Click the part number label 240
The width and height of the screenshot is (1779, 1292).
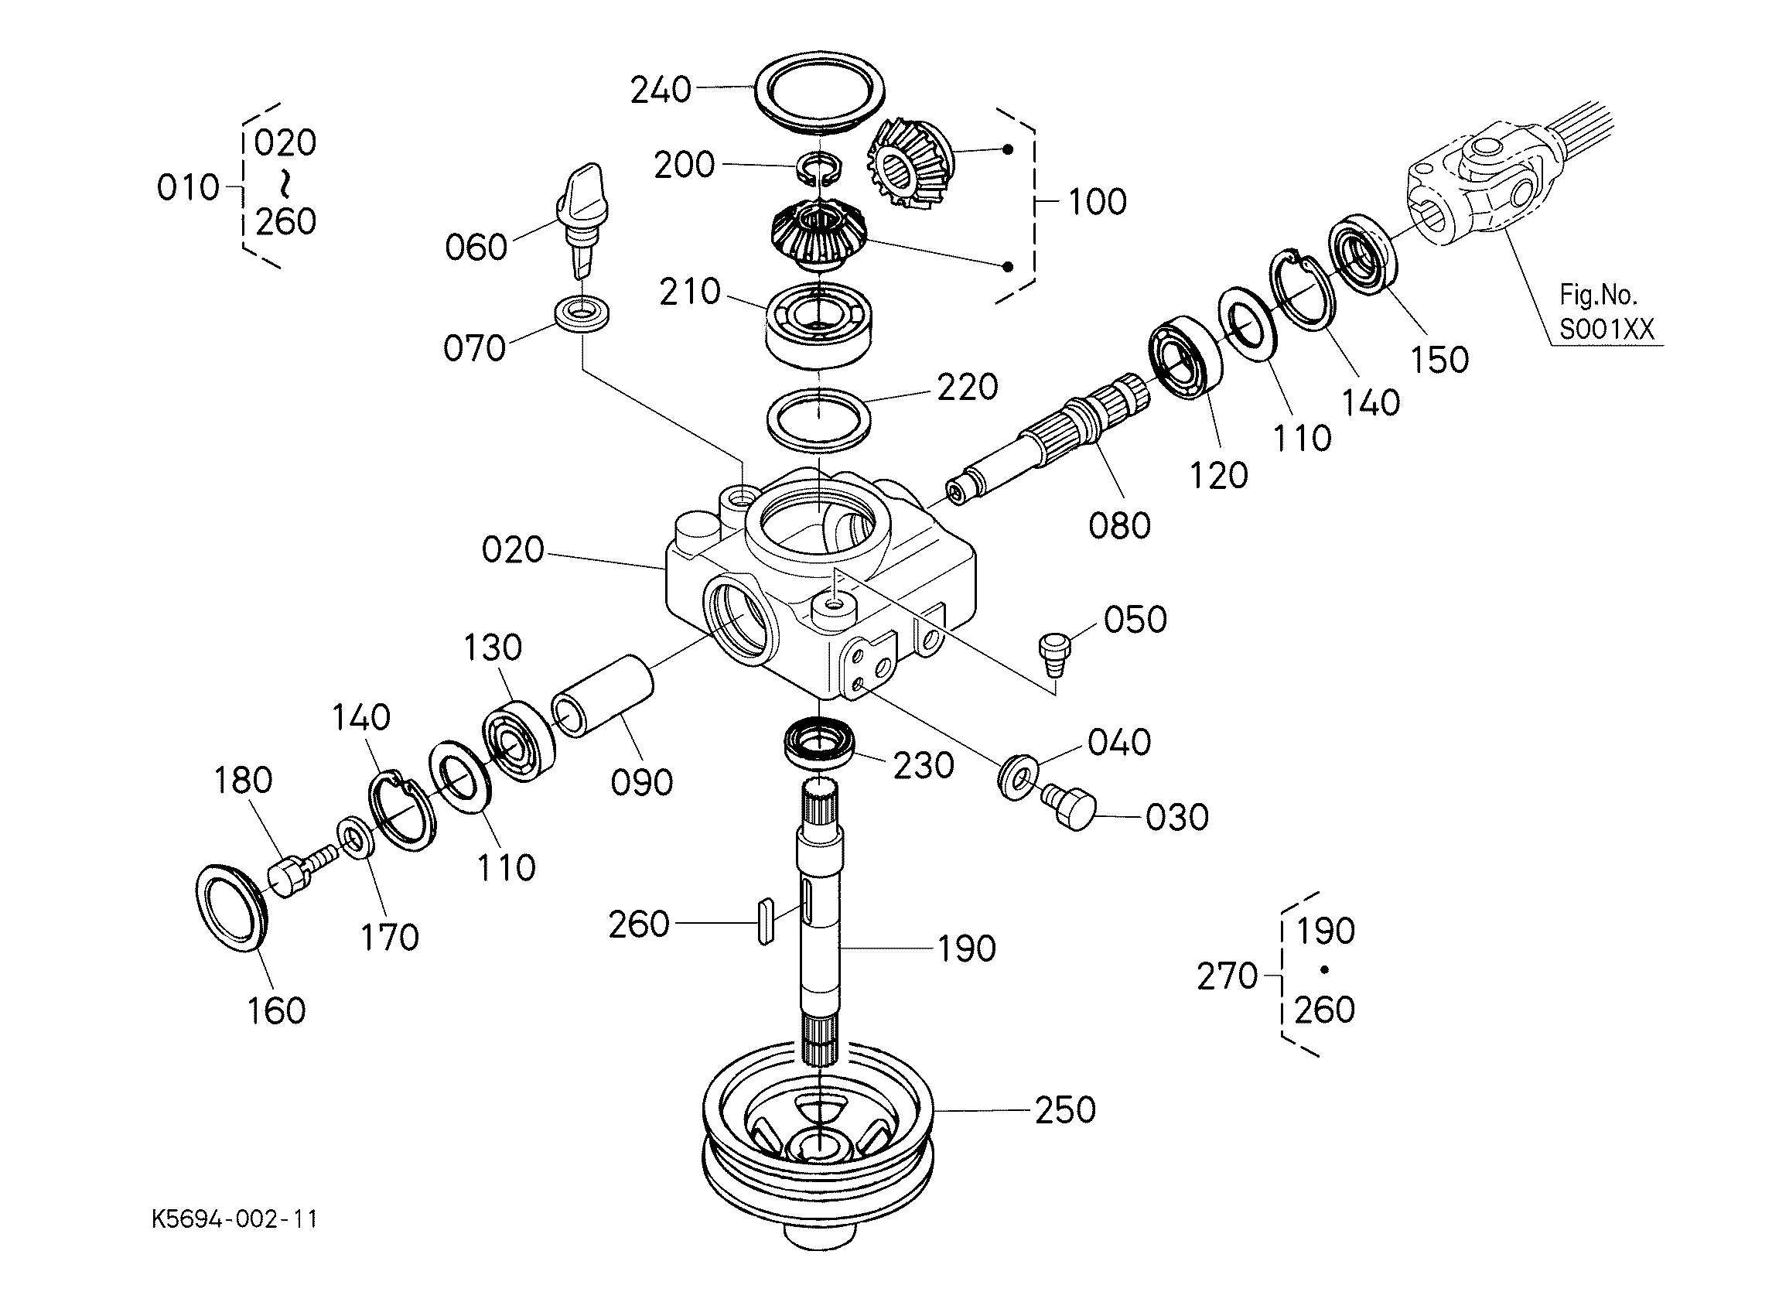661,91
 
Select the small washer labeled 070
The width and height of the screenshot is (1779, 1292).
582,315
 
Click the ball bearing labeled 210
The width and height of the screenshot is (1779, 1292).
818,322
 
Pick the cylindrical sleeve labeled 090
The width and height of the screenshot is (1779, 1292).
602,696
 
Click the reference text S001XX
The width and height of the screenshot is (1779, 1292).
1606,329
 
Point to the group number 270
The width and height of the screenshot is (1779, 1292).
1227,976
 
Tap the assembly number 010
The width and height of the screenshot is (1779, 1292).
187,187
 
